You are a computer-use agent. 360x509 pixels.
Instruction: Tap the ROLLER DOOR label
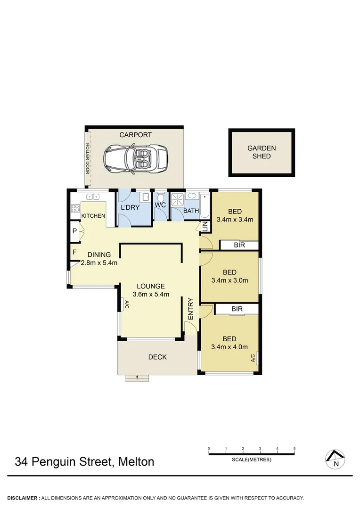pos(87,158)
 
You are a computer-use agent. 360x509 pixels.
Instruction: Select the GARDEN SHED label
pos(262,152)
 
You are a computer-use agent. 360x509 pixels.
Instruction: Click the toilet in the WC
pos(161,197)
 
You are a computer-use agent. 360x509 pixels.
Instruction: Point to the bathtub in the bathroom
pos(205,204)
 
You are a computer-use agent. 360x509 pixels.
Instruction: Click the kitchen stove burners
pos(75,209)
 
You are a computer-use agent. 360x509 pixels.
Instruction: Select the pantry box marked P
pos(74,231)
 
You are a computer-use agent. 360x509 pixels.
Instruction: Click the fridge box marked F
pos(74,252)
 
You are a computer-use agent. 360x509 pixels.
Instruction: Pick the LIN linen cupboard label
pos(205,226)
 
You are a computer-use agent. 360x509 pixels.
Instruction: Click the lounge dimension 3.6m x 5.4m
pos(151,294)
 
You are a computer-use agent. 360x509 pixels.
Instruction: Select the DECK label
pos(157,357)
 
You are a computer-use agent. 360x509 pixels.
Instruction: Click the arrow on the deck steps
pos(137,377)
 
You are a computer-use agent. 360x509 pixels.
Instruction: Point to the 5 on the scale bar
pos(295,449)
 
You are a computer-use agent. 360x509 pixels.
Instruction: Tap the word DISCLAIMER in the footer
pos(23,498)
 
